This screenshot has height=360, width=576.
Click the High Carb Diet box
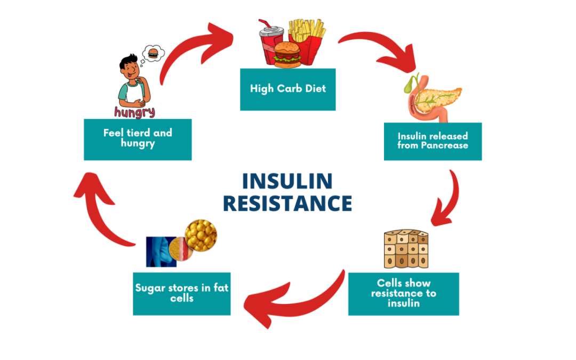[x=287, y=89]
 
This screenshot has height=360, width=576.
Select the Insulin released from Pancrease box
[x=433, y=141]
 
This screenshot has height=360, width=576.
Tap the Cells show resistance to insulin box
[x=403, y=293]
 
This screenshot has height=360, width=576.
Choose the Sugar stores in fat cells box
[x=181, y=293]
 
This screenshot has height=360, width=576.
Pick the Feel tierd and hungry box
[x=138, y=139]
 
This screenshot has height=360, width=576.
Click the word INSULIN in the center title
[x=287, y=181]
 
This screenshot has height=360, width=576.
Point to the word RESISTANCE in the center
[x=287, y=204]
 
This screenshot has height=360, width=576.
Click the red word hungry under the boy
[x=134, y=112]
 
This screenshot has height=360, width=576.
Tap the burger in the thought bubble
[x=153, y=53]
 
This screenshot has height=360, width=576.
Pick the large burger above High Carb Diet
[x=287, y=53]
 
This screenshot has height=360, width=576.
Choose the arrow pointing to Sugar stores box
[x=299, y=299]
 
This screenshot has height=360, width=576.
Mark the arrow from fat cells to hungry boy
[x=101, y=213]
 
